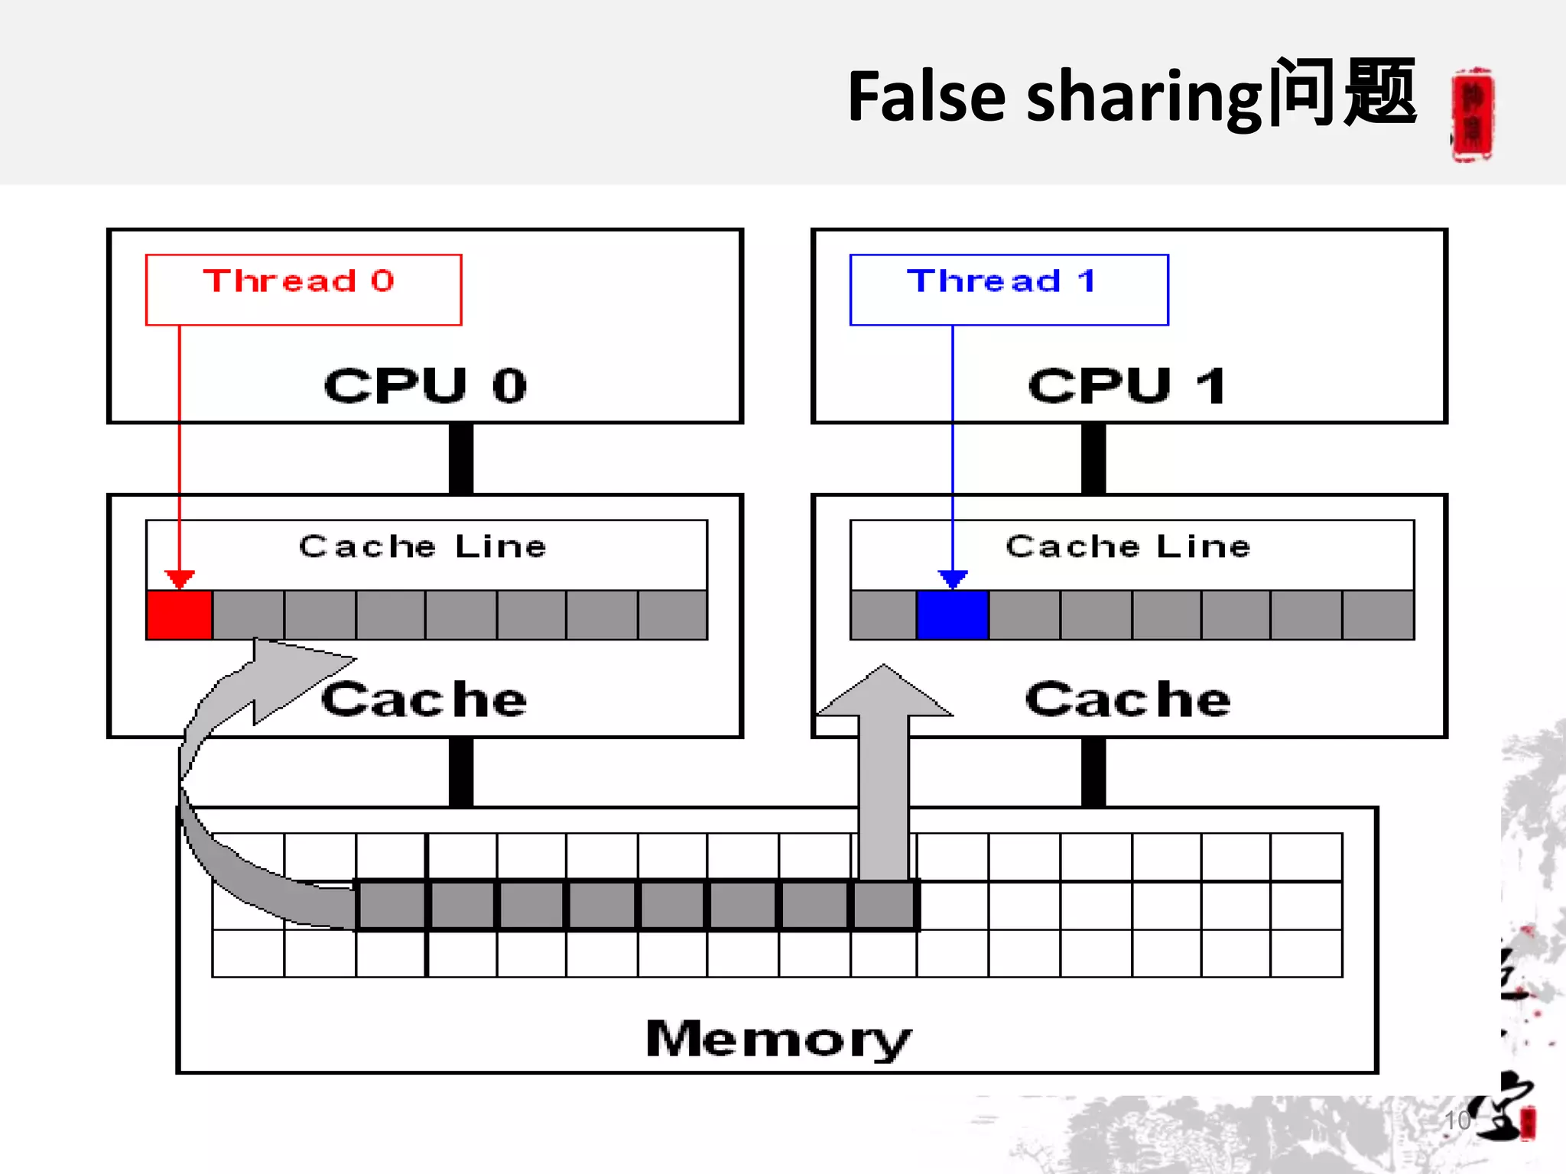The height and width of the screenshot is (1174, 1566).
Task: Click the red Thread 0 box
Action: (303, 290)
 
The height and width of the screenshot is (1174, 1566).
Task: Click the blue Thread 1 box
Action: (1009, 290)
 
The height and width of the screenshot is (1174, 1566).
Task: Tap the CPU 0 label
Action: (425, 385)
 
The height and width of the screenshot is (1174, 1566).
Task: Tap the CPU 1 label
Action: (1126, 385)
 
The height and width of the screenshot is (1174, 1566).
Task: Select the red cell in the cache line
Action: (179, 615)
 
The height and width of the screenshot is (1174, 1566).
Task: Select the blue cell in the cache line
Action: (953, 615)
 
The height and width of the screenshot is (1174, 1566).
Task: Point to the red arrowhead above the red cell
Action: (180, 579)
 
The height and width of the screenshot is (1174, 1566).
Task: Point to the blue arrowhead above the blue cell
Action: (953, 579)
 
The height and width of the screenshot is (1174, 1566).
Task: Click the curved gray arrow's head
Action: (291, 673)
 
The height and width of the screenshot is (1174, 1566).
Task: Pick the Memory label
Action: (778, 1039)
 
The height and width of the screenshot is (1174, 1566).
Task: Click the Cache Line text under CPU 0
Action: (423, 546)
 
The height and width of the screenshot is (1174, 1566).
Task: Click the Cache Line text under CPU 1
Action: (1128, 546)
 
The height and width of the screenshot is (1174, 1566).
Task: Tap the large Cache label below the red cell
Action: (424, 699)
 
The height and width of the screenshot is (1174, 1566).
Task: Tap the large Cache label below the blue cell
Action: (1128, 699)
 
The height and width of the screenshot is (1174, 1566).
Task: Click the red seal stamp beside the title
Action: (1472, 115)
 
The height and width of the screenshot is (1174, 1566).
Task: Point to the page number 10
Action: (1457, 1120)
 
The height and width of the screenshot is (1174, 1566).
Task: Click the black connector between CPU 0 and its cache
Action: (461, 459)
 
